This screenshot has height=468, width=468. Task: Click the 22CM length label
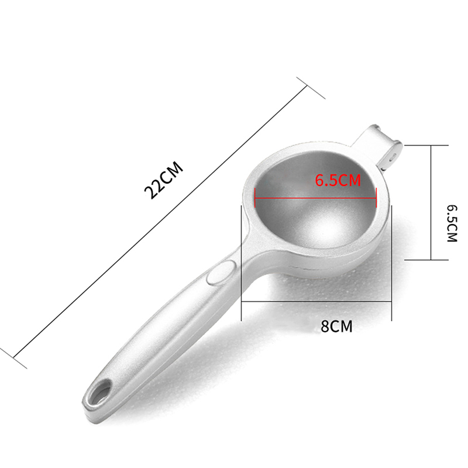(x=164, y=180)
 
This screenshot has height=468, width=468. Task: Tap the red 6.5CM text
(x=338, y=180)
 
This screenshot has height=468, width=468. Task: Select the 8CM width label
(x=336, y=326)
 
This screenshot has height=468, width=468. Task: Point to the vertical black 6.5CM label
(x=452, y=223)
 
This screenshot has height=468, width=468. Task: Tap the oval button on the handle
(x=222, y=271)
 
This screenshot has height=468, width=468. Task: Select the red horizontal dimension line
(x=315, y=198)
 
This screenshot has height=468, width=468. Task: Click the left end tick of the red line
(x=254, y=197)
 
